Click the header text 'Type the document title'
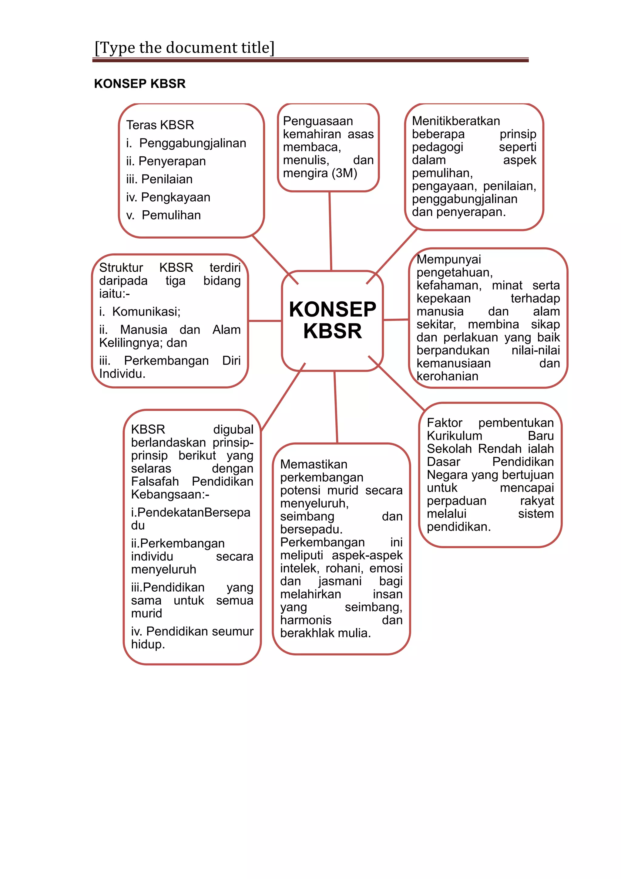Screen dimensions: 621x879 (185, 48)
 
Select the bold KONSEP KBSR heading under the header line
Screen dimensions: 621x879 (140, 83)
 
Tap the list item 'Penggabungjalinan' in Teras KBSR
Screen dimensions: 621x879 (192, 143)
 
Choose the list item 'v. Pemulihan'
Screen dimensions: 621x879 (164, 215)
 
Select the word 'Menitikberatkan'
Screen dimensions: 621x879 (456, 121)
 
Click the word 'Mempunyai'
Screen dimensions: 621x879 (448, 259)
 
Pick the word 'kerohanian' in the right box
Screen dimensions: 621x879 (447, 376)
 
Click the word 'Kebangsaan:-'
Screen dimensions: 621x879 (170, 494)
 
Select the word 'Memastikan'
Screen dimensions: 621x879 (314, 464)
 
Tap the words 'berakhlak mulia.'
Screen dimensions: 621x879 (325, 633)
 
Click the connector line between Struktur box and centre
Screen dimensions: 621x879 (265, 321)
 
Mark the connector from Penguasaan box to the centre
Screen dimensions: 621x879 (331, 231)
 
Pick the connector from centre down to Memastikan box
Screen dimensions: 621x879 (336, 407)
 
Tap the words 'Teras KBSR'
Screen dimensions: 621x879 (160, 125)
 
